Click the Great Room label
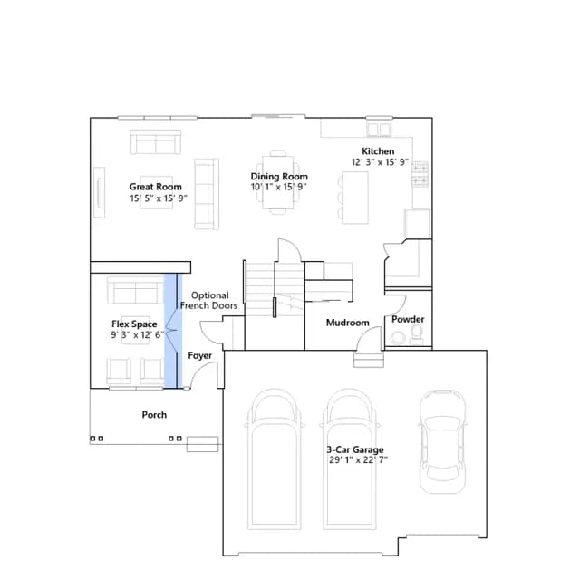155,187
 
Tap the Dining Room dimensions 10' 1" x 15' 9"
279,187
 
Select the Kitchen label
378,151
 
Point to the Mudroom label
348,323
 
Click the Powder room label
408,319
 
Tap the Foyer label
199,355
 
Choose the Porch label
154,415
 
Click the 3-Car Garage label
355,449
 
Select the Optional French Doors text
209,300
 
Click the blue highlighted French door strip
173,331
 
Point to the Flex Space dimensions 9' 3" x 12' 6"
138,335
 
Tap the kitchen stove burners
420,174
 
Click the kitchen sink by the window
379,130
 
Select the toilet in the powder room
417,334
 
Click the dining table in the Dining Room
278,183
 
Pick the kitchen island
355,198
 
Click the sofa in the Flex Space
135,291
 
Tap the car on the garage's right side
442,441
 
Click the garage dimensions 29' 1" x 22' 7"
358,460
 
